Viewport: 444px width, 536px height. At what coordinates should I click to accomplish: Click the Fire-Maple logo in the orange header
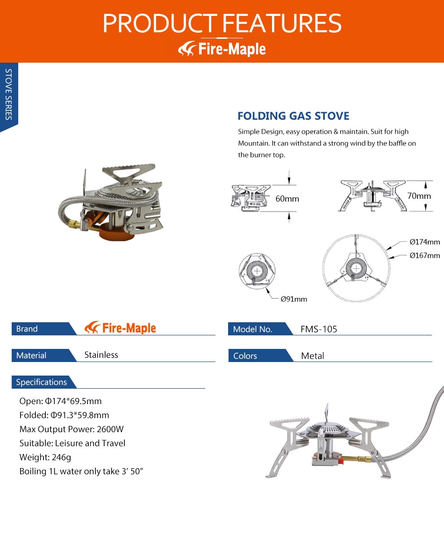click(222, 49)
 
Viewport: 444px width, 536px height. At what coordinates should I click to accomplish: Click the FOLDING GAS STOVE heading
click(293, 116)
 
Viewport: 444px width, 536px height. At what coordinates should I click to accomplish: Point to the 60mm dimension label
click(287, 199)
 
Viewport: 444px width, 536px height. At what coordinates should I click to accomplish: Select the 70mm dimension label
click(419, 196)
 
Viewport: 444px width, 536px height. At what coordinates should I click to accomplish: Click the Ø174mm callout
click(424, 242)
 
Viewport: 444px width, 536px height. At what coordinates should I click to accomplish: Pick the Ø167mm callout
click(424, 255)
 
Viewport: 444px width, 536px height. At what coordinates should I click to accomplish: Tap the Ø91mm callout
click(294, 299)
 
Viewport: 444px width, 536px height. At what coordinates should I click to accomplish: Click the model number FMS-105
click(319, 329)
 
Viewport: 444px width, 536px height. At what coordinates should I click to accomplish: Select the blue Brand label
click(27, 329)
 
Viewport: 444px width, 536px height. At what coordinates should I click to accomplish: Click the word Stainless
click(101, 355)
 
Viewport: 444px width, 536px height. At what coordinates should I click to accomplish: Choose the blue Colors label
click(245, 356)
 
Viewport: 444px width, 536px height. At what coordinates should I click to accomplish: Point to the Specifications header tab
click(41, 382)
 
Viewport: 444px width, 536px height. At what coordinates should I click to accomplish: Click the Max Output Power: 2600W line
click(72, 429)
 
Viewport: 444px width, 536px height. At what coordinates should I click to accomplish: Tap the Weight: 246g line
click(45, 457)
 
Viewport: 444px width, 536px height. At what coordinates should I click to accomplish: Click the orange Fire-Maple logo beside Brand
click(120, 328)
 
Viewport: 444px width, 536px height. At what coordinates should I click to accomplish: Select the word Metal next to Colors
click(312, 356)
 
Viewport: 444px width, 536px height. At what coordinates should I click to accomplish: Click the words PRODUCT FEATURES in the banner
click(222, 23)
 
